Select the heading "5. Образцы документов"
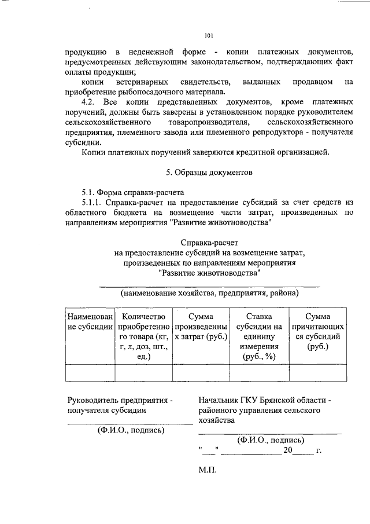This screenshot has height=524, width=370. (209, 173)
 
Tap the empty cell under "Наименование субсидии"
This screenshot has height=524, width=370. (90, 372)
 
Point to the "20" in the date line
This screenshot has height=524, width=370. (288, 450)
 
